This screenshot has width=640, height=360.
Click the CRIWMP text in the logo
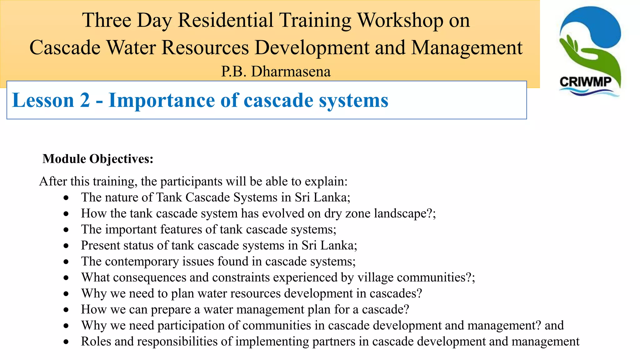coord(586,82)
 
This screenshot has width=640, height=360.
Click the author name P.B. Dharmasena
coord(276,72)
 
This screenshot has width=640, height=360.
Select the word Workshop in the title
coord(400,20)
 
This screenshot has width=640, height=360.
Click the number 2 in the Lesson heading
coord(84,101)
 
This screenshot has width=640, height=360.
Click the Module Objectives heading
coord(98,159)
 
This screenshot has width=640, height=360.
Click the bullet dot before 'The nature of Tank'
coord(66,198)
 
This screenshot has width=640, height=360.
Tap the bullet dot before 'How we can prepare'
coord(66,310)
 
